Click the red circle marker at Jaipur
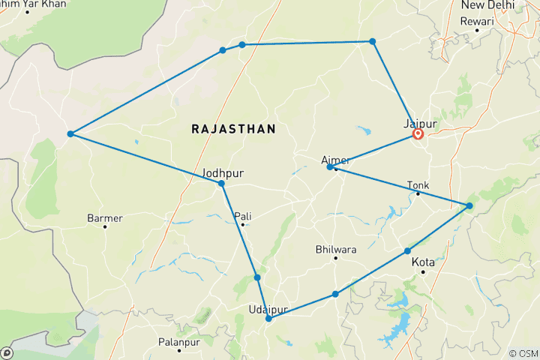pos(418,135)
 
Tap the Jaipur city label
pos(420,123)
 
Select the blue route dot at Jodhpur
pos(221,184)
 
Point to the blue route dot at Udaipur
pos(268,319)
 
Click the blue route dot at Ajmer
pos(330,167)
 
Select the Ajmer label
pos(335,159)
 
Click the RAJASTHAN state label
pos(233,129)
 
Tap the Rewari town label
pos(478,21)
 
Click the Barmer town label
pos(104,218)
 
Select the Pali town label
pos(242,216)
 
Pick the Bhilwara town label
pos(335,249)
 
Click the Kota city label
pos(424,263)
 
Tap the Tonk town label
pos(418,184)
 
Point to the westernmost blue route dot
pos(70,134)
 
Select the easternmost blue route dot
pos(469,205)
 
